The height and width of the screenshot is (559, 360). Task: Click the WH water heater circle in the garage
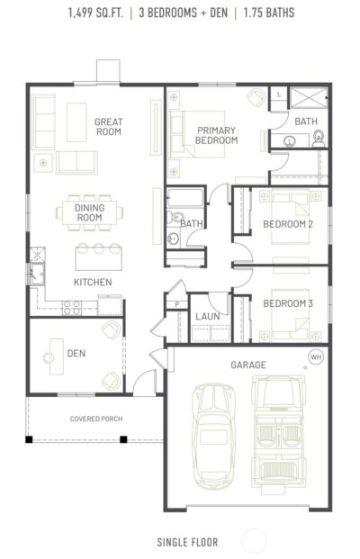pyautogui.click(x=316, y=356)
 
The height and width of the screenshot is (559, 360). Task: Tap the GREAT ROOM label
pyautogui.click(x=108, y=127)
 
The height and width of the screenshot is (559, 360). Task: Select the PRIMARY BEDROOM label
pyautogui.click(x=216, y=135)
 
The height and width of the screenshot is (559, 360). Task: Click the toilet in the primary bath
pyautogui.click(x=319, y=140)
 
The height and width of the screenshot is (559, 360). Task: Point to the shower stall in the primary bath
pyautogui.click(x=309, y=97)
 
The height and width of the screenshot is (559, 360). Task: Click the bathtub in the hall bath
pyautogui.click(x=185, y=198)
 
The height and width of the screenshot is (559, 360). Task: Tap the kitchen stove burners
pyautogui.click(x=72, y=308)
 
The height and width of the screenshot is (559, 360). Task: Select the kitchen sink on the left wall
pyautogui.click(x=37, y=274)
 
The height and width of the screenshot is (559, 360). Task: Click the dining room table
pyautogui.click(x=89, y=212)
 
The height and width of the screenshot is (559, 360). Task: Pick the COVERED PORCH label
pyautogui.click(x=96, y=419)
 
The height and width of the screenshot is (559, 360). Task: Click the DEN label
pyautogui.click(x=76, y=353)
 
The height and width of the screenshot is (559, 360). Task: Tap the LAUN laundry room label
pyautogui.click(x=207, y=316)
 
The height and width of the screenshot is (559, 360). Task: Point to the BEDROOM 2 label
pyautogui.click(x=288, y=224)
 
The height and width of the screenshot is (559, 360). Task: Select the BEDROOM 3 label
pyautogui.click(x=288, y=303)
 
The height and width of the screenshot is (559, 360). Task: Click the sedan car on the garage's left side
pyautogui.click(x=214, y=437)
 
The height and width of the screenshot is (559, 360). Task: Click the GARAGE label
pyautogui.click(x=248, y=365)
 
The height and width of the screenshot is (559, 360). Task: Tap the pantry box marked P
pyautogui.click(x=177, y=305)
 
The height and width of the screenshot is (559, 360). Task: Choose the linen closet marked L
pyautogui.click(x=279, y=95)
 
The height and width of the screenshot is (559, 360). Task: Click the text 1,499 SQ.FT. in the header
pyautogui.click(x=95, y=14)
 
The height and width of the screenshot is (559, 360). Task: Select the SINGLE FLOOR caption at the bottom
pyautogui.click(x=187, y=543)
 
